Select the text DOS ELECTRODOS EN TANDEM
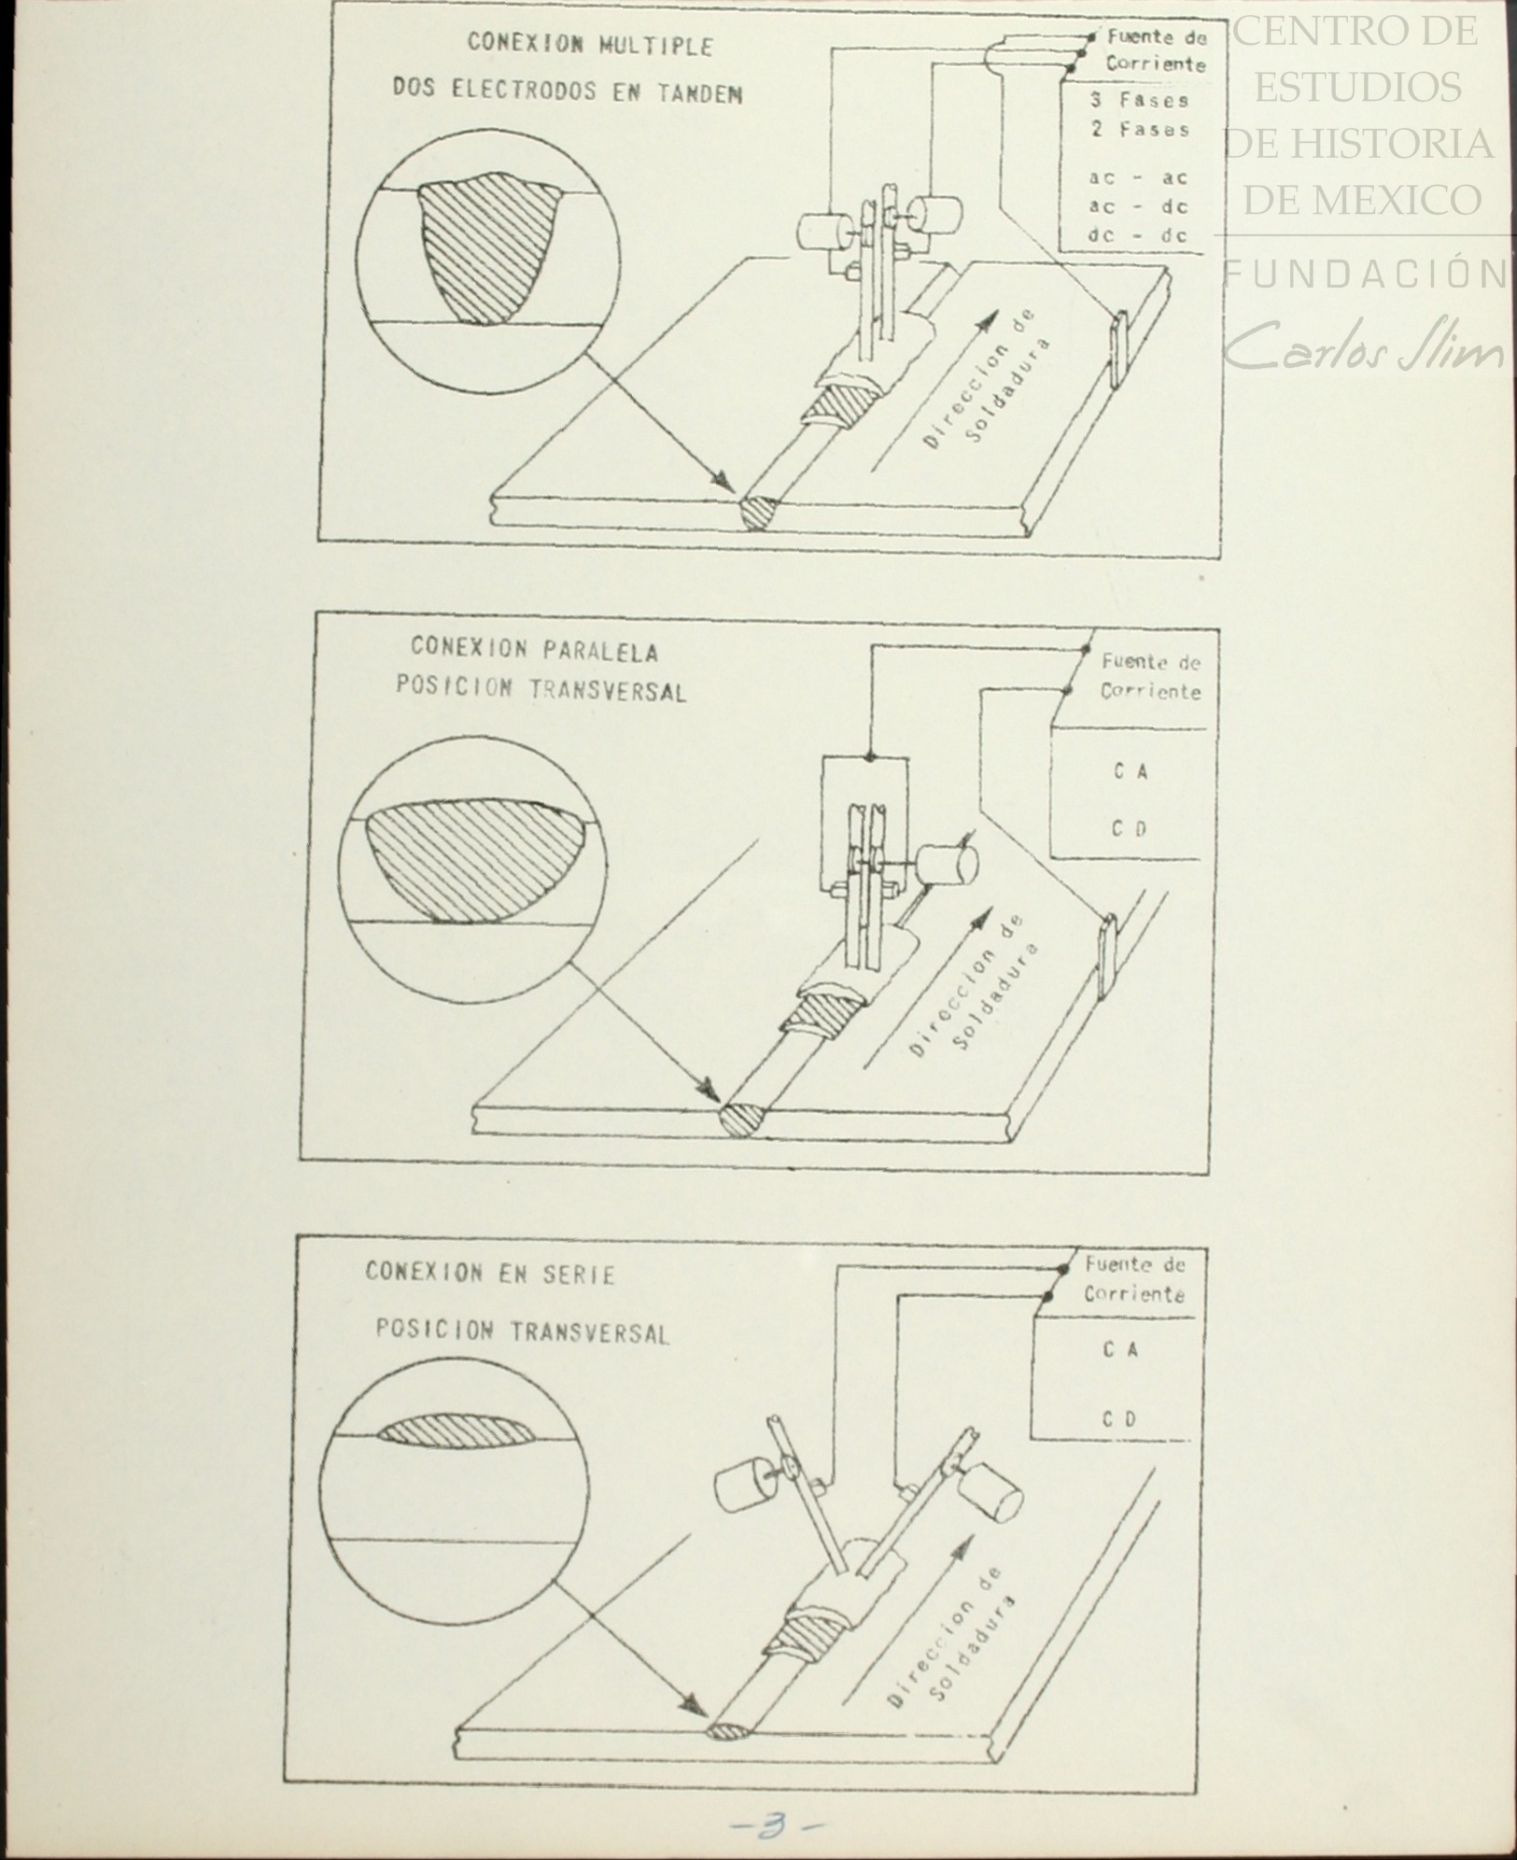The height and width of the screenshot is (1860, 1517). point(568,92)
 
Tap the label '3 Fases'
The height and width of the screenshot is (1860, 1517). point(1139,99)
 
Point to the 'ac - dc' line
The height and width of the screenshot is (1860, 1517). point(1138,206)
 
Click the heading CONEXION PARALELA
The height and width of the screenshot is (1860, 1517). point(535,648)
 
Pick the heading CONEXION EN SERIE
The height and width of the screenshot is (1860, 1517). point(490,1274)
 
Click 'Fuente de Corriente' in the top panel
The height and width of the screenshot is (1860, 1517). point(1155,51)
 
